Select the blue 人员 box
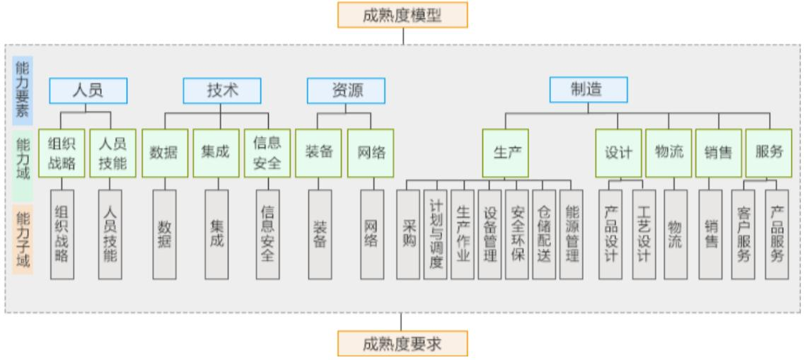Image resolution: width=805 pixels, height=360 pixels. pyautogui.click(x=88, y=90)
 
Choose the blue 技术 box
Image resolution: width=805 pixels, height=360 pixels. pyautogui.click(x=221, y=90)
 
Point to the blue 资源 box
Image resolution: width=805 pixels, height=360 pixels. pyautogui.click(x=345, y=90)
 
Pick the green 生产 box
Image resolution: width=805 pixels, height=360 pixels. pyautogui.click(x=506, y=153)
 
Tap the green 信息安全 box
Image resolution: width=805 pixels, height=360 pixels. pyautogui.click(x=267, y=153)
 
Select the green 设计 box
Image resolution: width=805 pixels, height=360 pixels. pyautogui.click(x=618, y=153)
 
